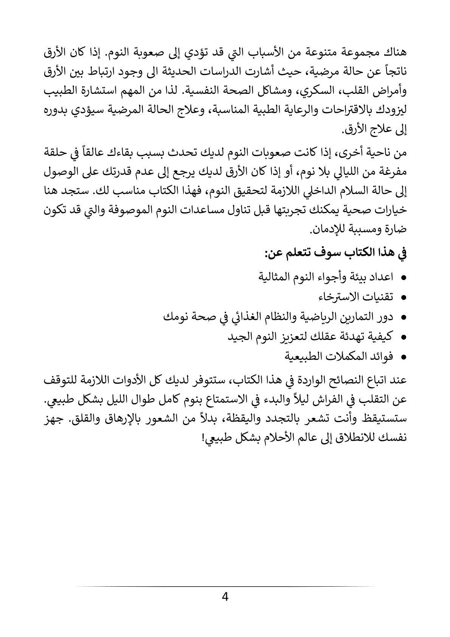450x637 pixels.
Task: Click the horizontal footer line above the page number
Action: [225, 587]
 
